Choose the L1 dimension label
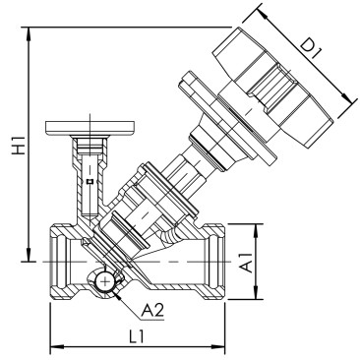[x=138, y=335]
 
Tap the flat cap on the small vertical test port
[x=88, y=125]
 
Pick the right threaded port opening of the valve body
[x=217, y=262]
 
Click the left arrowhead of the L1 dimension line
[x=53, y=345]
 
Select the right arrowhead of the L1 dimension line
[x=225, y=345]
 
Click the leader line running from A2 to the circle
[x=126, y=303]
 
